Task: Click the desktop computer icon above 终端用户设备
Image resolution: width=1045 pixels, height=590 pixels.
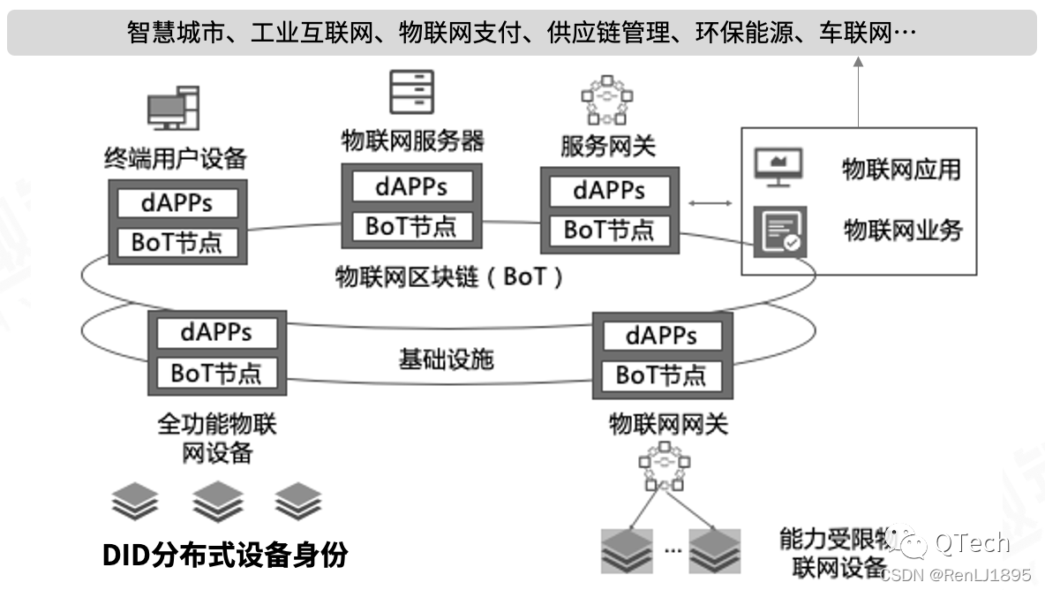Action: [173, 109]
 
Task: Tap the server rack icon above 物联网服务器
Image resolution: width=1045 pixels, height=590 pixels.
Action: [412, 92]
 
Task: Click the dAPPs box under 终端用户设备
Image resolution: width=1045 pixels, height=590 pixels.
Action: [177, 202]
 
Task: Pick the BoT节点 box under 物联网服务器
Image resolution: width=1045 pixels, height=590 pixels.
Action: [411, 226]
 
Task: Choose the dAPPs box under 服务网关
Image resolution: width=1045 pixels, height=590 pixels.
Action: [609, 190]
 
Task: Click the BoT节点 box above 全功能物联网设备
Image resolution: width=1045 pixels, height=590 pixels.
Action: [216, 373]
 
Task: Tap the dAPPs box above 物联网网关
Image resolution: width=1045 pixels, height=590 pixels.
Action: [662, 336]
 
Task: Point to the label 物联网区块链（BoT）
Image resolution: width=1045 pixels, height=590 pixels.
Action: [450, 277]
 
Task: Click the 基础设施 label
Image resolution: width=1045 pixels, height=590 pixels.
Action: [447, 359]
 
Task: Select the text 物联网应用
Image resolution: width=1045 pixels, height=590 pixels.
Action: [901, 169]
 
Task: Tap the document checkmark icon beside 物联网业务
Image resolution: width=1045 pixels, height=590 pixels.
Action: [779, 231]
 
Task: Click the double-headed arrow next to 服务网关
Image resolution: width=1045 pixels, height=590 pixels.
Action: [710, 204]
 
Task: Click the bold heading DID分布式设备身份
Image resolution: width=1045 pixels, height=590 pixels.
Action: [225, 555]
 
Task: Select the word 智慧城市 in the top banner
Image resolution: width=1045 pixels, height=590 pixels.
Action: [167, 34]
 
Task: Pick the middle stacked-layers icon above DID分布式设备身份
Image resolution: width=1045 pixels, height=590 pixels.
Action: [218, 502]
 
